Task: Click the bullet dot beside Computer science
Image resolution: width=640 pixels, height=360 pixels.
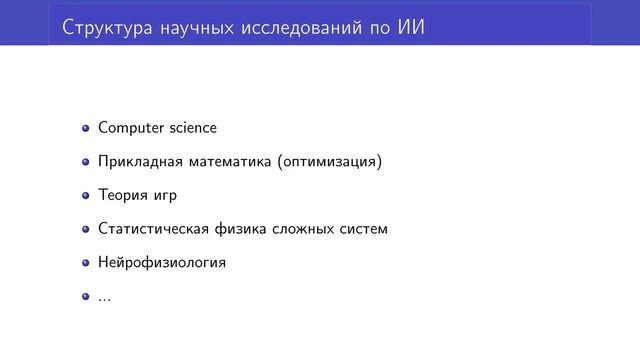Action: click(87, 128)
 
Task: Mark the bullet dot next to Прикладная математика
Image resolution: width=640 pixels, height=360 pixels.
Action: click(87, 162)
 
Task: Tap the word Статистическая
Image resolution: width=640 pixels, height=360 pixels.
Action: click(154, 229)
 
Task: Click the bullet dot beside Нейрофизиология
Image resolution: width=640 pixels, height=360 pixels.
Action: click(87, 263)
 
